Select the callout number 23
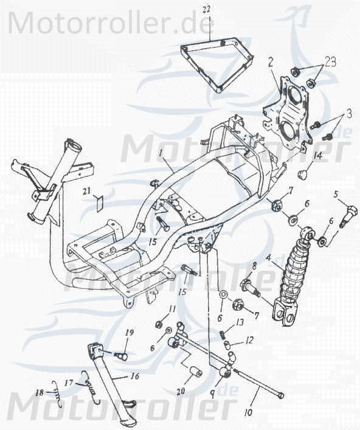330,61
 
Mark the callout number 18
39,392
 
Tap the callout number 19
128,333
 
